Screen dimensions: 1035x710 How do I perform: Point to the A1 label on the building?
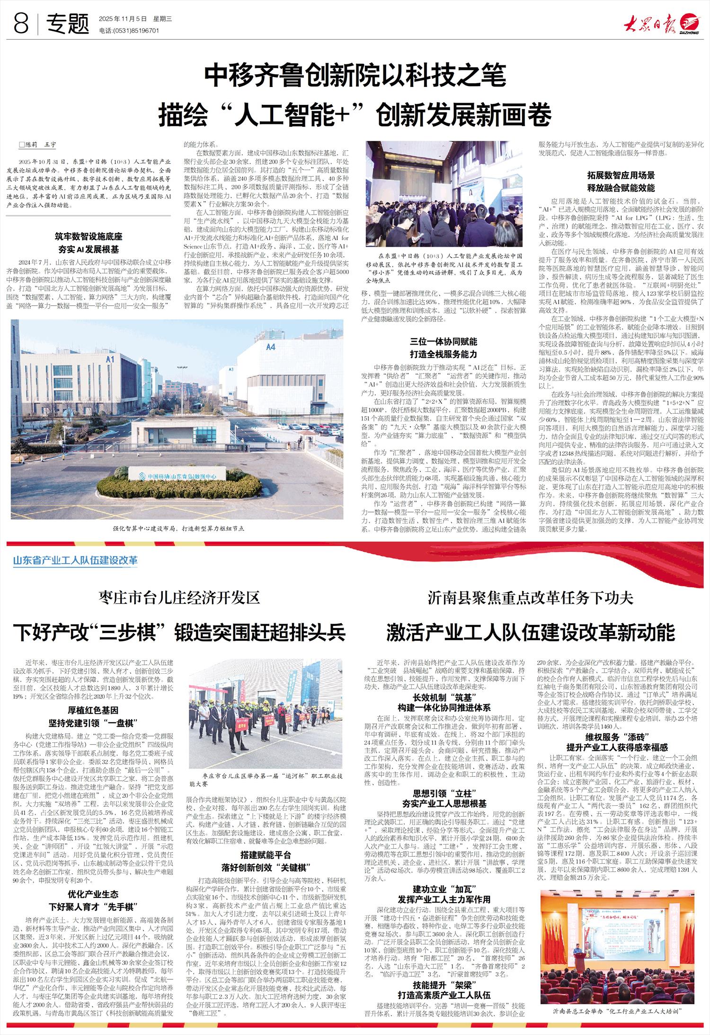110,359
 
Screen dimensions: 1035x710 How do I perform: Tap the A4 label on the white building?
270,347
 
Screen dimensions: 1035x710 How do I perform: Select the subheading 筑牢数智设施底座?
88,235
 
